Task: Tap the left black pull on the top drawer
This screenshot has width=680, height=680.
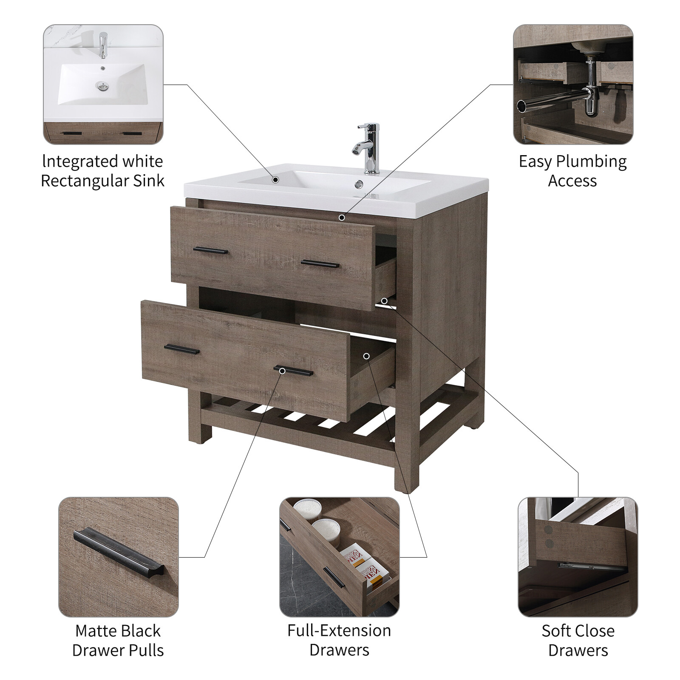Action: tap(210, 251)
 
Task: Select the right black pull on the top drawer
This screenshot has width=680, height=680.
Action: tap(320, 264)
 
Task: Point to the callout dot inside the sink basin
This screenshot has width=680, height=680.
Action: tap(275, 180)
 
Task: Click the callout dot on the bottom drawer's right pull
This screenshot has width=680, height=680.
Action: tap(282, 371)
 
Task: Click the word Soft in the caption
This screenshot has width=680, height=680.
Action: tap(556, 631)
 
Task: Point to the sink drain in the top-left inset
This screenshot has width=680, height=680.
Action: tap(102, 87)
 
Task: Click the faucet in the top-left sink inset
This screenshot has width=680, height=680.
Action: tap(102, 45)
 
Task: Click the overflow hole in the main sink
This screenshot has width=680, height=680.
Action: tap(359, 184)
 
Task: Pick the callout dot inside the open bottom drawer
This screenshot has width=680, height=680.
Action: tap(366, 356)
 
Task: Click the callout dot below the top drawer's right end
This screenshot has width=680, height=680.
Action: tap(384, 301)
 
